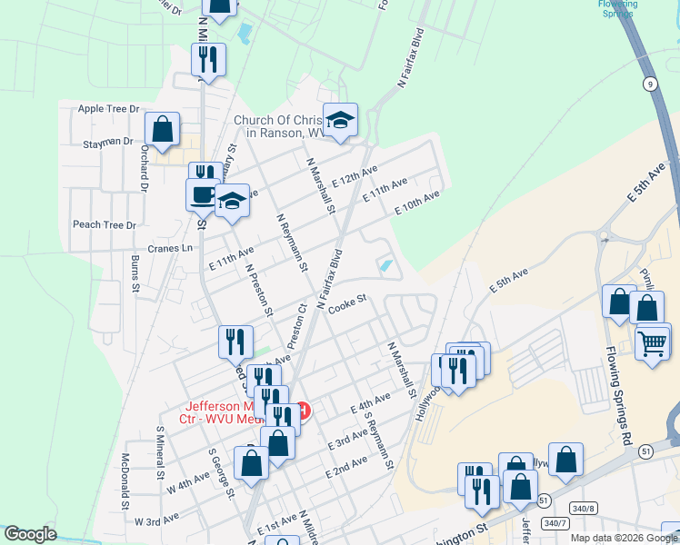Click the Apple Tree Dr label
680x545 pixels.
[108, 108]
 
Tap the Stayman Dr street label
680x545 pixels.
[108, 143]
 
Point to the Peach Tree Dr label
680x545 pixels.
[104, 224]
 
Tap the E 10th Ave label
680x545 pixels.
[417, 201]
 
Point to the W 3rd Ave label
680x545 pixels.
[155, 521]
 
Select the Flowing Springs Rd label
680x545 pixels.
[621, 391]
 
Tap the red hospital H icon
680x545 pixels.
[304, 411]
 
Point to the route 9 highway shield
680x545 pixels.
[649, 84]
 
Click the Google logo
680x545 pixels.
[31, 535]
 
